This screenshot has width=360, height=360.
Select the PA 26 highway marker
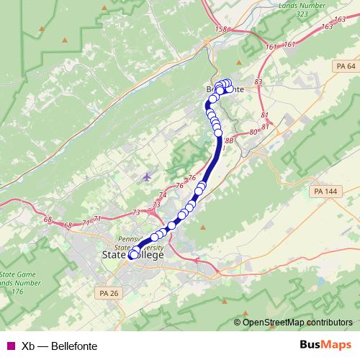109,293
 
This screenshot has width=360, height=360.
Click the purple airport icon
148,176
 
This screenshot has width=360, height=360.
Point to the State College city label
134,255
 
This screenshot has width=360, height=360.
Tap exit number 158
220,30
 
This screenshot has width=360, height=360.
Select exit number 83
258,83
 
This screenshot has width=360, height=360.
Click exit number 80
253,132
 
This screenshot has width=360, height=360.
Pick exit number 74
163,195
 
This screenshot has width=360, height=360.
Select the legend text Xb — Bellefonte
59,346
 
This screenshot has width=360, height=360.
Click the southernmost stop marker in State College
134,254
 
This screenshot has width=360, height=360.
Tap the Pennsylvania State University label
131,242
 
